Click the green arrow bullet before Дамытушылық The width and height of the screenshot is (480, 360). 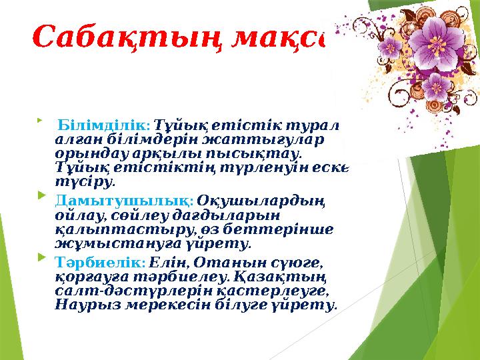(x=43, y=198)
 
